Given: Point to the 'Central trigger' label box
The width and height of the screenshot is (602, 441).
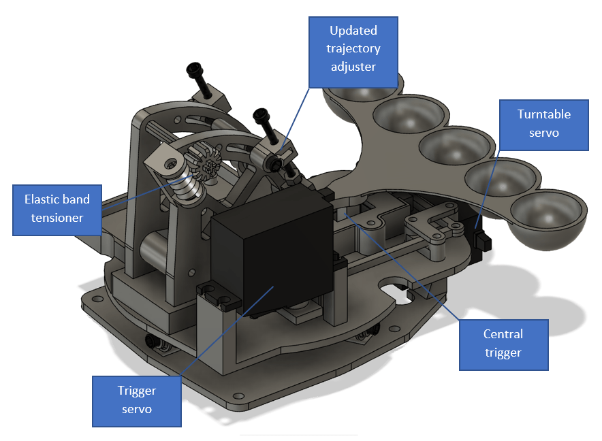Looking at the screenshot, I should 503,344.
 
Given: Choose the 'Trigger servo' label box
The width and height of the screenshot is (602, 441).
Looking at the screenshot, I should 137,400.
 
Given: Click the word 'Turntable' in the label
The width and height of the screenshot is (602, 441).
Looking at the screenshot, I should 543,114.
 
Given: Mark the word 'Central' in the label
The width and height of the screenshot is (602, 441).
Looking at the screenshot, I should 503,334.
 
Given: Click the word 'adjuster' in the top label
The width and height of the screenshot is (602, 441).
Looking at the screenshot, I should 353,67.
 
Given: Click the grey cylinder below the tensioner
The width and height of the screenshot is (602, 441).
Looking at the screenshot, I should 157,252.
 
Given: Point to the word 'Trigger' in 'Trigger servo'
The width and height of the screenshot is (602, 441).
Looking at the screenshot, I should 137,391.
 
